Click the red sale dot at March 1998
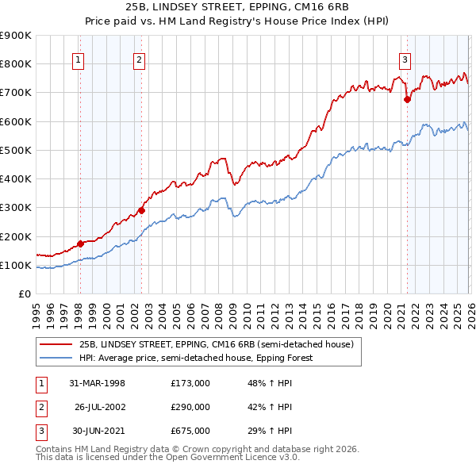tap(80, 244)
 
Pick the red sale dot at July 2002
tap(141, 210)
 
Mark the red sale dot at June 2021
tap(407, 99)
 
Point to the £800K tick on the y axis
tap(16, 64)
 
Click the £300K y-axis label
tap(16, 208)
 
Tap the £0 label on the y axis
tap(24, 294)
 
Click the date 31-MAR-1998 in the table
tap(98, 383)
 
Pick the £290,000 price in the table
tap(190, 407)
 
